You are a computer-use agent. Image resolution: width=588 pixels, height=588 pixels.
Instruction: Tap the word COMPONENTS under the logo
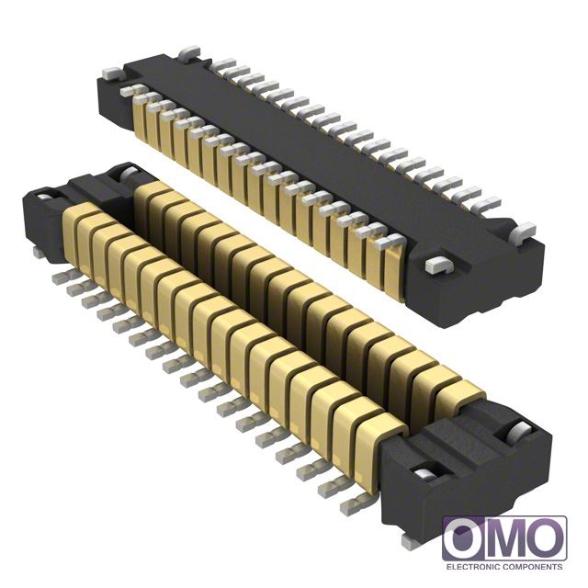[532, 567]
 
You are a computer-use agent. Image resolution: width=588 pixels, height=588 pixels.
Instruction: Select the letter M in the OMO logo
[506, 539]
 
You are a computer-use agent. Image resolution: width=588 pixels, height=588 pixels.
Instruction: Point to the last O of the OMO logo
[546, 539]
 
